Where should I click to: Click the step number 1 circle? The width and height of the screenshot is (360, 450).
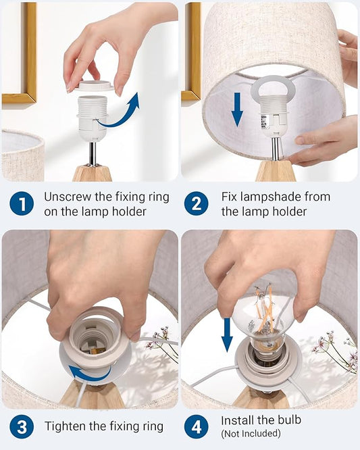[x=22, y=204]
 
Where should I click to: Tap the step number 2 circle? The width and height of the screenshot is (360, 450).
[x=196, y=204]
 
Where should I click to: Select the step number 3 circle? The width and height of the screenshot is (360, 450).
[x=22, y=427]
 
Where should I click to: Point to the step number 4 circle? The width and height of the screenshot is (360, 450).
[x=196, y=427]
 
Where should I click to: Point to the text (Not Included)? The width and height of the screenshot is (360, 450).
[x=251, y=433]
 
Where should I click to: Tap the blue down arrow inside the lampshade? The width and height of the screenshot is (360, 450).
[x=237, y=109]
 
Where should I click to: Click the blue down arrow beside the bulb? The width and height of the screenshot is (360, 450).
[x=227, y=334]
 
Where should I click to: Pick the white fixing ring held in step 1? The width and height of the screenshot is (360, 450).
[x=93, y=86]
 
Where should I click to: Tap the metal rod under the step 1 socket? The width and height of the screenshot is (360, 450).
[x=93, y=153]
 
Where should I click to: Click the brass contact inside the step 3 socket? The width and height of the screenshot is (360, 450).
[x=94, y=350]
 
